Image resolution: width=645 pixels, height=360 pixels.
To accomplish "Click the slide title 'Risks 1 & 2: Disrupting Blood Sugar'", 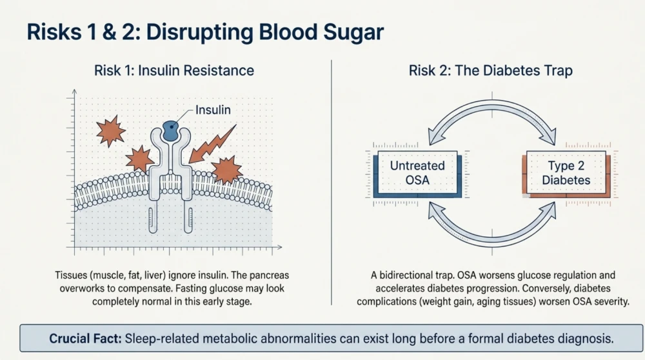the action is click(x=205, y=32).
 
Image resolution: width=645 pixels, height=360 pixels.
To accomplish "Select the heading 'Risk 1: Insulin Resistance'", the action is click(x=174, y=70).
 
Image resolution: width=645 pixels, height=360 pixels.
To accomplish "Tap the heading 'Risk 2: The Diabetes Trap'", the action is click(x=490, y=70).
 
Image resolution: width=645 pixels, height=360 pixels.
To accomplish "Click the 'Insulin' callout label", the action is click(x=213, y=110).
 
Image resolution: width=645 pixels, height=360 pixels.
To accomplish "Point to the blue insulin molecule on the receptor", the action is click(x=171, y=131).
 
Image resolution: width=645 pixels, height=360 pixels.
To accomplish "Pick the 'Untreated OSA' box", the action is click(x=417, y=173).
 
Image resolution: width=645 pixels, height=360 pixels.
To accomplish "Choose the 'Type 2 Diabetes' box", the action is click(x=566, y=173).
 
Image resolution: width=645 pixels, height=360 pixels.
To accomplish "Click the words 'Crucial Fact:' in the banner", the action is click(x=85, y=339).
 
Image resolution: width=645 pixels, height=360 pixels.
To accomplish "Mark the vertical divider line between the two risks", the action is click(x=332, y=183).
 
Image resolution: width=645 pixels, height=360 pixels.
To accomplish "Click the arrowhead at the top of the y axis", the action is click(x=74, y=91).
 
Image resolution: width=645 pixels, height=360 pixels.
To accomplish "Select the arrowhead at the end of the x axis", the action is click(x=280, y=247).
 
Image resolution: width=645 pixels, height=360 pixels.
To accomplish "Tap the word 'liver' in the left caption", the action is click(x=153, y=275).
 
